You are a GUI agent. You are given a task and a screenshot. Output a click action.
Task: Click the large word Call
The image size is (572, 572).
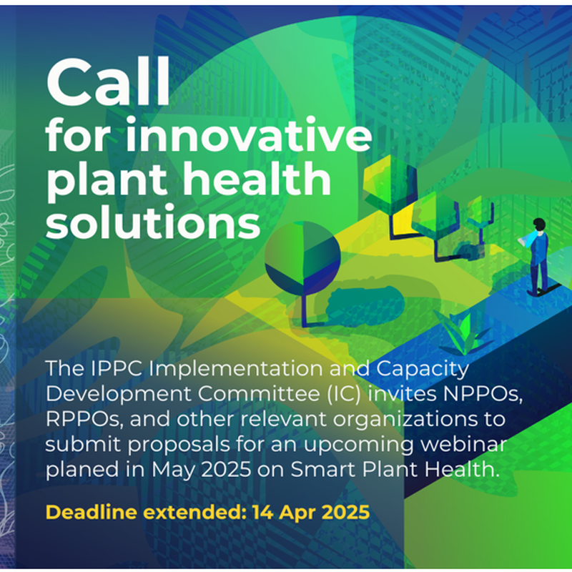109,82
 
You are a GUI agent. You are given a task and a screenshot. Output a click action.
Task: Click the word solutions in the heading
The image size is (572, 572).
153,221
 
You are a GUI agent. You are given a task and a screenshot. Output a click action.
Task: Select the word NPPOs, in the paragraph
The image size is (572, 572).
483,394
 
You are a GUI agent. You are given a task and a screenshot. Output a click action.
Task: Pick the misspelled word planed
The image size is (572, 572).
82,470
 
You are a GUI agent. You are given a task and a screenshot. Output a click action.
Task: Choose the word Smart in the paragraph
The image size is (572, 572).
324,469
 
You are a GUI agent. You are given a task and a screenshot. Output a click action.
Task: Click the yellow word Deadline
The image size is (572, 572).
92,512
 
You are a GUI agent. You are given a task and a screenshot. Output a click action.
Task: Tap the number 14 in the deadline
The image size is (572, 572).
262,512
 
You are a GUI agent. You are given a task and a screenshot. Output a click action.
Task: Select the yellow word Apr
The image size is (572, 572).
297,513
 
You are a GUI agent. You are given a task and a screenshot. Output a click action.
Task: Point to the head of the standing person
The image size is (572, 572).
539,224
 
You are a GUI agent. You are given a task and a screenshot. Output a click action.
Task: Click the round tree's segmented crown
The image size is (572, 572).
302,258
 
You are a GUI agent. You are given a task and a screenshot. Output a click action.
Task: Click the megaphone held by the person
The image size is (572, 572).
526,240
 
